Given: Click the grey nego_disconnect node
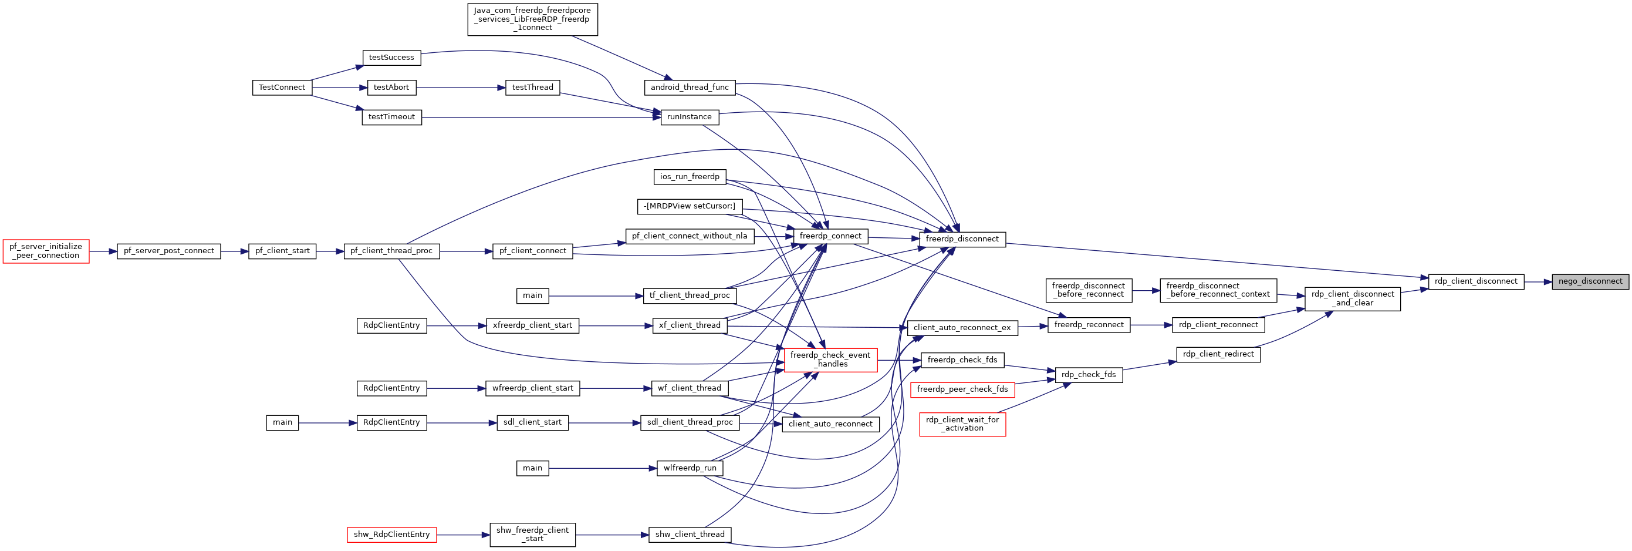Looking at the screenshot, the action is tap(1590, 281).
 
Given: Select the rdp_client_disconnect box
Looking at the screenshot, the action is tap(1476, 281).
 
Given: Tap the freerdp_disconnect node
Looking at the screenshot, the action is tap(962, 239).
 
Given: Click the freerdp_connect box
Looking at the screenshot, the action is tap(830, 236).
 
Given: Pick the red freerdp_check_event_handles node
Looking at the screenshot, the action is tap(830, 360).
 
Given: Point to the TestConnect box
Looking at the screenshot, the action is tap(282, 88).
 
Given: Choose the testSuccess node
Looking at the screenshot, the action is tap(391, 58).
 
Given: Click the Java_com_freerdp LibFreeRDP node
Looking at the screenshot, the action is tap(532, 19).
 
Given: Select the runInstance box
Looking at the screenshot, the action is tap(690, 117).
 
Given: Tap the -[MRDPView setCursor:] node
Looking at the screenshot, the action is tap(690, 207).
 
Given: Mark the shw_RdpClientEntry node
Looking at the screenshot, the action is tap(391, 535).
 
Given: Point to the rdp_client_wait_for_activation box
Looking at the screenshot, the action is tap(962, 424).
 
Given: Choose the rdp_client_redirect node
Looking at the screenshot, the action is tap(1218, 354).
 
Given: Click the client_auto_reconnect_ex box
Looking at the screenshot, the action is tap(962, 328).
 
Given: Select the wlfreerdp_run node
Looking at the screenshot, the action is tap(690, 469).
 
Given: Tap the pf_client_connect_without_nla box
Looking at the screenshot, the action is tap(690, 237).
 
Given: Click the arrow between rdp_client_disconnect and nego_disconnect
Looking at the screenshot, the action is tap(1538, 282).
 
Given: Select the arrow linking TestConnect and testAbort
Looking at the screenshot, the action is tap(340, 88).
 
